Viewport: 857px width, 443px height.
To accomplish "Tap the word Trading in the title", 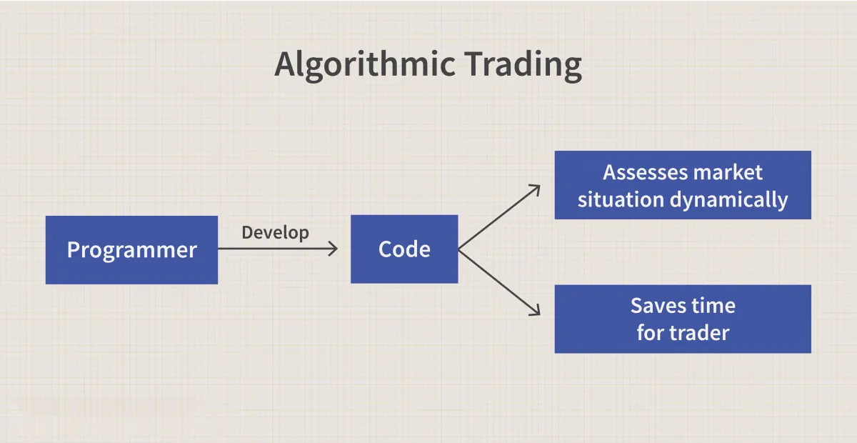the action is [x=523, y=66].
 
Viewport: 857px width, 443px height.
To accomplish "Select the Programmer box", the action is [x=131, y=250].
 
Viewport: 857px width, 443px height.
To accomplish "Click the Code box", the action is [x=404, y=249].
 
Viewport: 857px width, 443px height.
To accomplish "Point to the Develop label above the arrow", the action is [x=275, y=232].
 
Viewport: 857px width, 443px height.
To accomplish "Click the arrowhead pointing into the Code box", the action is [x=333, y=249].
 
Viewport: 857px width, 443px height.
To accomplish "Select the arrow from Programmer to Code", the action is [x=278, y=249].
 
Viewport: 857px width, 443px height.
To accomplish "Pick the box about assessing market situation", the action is [x=683, y=185].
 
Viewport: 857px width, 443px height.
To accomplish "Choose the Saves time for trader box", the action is [x=683, y=319].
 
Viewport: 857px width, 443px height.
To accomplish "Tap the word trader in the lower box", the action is [x=703, y=333].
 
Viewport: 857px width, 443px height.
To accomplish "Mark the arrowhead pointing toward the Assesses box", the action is [x=536, y=189].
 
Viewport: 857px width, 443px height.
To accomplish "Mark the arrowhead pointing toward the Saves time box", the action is [x=536, y=312].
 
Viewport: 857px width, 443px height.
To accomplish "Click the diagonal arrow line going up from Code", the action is [x=499, y=217].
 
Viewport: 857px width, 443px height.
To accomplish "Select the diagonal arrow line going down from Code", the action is [x=499, y=282].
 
